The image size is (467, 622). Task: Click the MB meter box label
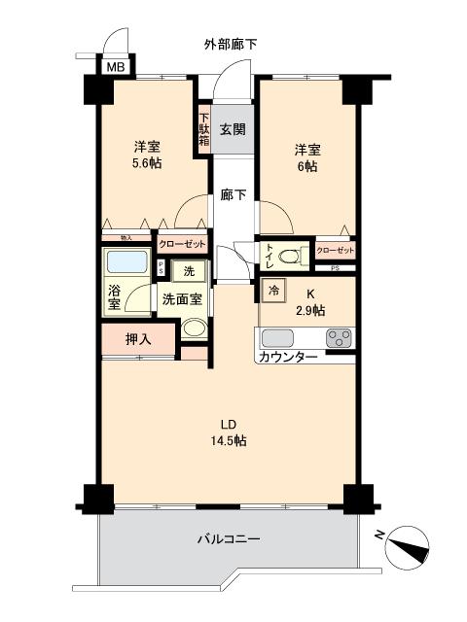[115, 67]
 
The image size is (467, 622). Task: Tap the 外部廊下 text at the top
[231, 45]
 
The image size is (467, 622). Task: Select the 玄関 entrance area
[232, 128]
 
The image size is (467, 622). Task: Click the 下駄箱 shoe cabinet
[204, 128]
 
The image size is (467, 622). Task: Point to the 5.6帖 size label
[148, 163]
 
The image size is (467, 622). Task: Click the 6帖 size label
[307, 166]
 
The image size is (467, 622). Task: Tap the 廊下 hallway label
[232, 194]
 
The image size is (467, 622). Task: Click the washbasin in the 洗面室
[195, 328]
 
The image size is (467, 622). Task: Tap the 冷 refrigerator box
[273, 291]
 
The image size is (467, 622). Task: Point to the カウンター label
[287, 358]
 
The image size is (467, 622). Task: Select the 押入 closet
[139, 339]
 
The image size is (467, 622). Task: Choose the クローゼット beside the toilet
[335, 251]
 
